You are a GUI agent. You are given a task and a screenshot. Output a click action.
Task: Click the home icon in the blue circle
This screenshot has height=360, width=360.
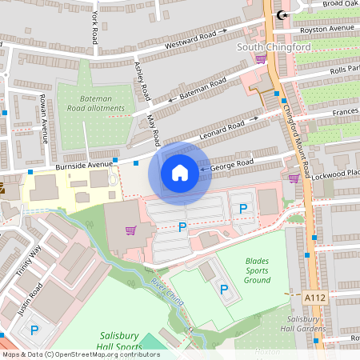point(180,173)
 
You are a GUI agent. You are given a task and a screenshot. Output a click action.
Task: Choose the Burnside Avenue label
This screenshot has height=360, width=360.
point(86,166)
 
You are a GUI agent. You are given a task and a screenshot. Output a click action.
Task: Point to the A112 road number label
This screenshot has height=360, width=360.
point(315,297)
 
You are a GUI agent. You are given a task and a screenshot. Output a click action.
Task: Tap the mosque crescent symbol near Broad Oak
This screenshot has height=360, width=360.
point(280,15)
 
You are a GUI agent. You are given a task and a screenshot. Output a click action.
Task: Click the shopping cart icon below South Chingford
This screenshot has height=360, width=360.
point(260,58)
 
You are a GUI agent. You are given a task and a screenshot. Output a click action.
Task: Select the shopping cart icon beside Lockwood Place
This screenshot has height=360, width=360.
point(294,178)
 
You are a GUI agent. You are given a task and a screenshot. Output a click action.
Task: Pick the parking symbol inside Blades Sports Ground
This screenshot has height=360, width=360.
point(224,289)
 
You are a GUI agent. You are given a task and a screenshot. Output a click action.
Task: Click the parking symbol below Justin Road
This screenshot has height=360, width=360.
point(34,330)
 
